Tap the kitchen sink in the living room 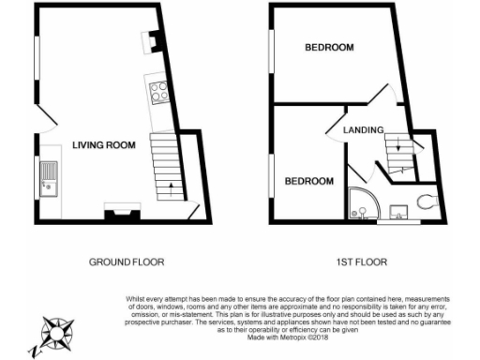[48, 178]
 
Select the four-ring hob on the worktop [158, 92]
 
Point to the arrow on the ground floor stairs [170, 187]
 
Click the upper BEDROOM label [328, 48]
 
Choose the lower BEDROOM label [309, 181]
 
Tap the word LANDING [363, 129]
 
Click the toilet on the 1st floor [427, 200]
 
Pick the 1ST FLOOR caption [362, 261]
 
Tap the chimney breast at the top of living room [149, 40]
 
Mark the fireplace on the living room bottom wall [118, 213]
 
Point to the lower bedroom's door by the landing [357, 174]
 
